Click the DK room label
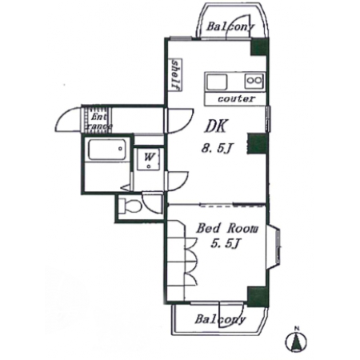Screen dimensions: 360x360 pyautogui.click(x=216, y=126)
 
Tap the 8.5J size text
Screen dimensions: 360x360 pyautogui.click(x=215, y=148)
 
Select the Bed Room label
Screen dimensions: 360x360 pyautogui.click(x=227, y=229)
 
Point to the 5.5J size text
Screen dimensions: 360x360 pyautogui.click(x=226, y=243)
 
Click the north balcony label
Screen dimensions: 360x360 pyautogui.click(x=230, y=26)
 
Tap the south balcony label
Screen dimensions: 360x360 pyautogui.click(x=220, y=319)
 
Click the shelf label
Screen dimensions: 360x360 pyautogui.click(x=175, y=74)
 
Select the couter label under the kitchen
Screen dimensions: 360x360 pyautogui.click(x=236, y=99)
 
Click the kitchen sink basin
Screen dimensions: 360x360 pyautogui.click(x=217, y=82)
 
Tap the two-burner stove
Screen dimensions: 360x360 pyautogui.click(x=254, y=81)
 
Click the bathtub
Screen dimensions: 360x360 pyautogui.click(x=106, y=150)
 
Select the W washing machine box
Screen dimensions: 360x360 pyautogui.click(x=148, y=159)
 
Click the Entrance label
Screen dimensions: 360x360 pyautogui.click(x=98, y=122)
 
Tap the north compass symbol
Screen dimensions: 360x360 pyautogui.click(x=296, y=341)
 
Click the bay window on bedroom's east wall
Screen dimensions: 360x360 pyautogui.click(x=274, y=247)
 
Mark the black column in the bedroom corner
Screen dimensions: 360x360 pyautogui.click(x=257, y=297)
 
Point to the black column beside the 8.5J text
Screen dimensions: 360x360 pyautogui.click(x=257, y=144)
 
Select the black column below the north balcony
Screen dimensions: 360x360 pyautogui.click(x=259, y=47)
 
